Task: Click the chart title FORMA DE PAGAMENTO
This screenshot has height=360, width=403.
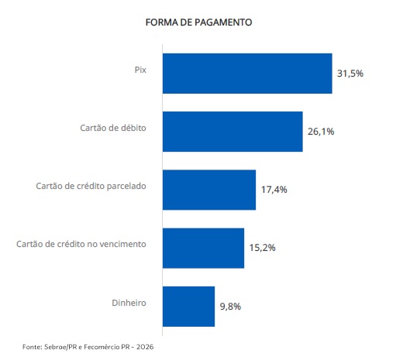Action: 198,22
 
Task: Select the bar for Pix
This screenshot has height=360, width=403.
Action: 247,74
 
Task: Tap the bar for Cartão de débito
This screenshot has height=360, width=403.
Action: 232,132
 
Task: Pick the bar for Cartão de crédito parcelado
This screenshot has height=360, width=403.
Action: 209,190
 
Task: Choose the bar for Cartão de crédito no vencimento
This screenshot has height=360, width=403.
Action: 203,249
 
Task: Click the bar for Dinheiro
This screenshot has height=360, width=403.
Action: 188,307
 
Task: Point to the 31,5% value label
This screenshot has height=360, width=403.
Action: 350,74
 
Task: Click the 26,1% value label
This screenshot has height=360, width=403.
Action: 321,132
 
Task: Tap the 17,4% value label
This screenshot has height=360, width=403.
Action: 274,190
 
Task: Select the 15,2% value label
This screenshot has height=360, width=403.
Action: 262,248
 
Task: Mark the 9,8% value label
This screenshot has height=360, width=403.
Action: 230,307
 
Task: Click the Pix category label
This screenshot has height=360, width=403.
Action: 140,70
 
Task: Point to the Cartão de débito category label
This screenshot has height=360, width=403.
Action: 113,128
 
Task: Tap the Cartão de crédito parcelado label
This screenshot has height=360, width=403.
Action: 91,186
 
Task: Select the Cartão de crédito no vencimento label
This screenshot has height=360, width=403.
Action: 81,244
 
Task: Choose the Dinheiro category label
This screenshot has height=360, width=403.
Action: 129,303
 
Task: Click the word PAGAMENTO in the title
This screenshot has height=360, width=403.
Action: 223,22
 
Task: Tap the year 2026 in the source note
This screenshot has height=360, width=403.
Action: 145,347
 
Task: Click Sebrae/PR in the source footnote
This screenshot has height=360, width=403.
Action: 60,347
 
